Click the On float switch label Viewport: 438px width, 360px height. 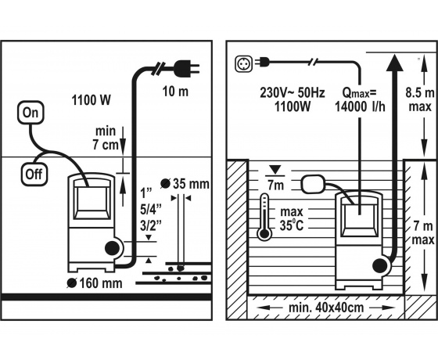[31, 113]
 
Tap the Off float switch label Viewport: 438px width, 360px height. [34, 174]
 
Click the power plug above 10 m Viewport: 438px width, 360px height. [186, 68]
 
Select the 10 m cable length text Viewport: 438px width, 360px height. [175, 92]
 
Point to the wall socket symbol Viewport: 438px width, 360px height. [243, 63]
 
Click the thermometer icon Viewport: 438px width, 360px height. [264, 218]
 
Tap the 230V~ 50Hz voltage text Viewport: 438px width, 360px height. [293, 92]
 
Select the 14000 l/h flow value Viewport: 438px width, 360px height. [360, 106]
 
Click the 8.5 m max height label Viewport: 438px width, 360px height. [420, 99]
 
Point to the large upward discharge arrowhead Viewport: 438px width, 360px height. [394, 63]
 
